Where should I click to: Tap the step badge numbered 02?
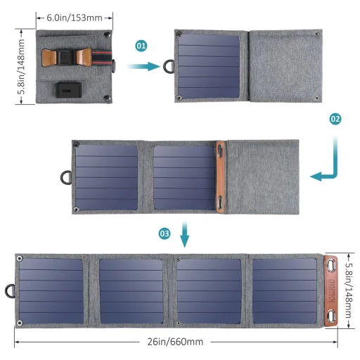tap(335, 119)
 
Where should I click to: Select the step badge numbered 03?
tap(164, 233)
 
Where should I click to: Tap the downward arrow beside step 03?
tap(185, 236)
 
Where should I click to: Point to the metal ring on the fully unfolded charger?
tap(11, 290)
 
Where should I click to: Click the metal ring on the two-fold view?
tap(169, 66)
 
